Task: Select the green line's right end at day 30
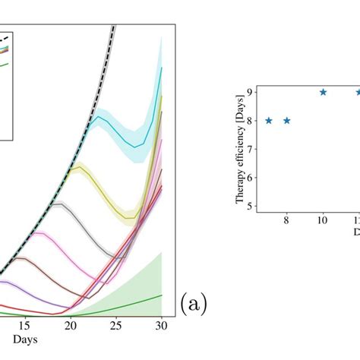[x=162, y=295]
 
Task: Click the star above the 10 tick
[x=323, y=92]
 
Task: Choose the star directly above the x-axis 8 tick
[x=286, y=120]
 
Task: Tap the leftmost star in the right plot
[x=268, y=120]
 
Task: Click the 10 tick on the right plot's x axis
[x=323, y=221]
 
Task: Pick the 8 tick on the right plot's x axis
[x=286, y=221]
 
